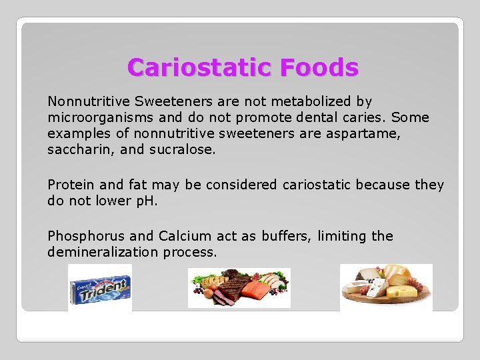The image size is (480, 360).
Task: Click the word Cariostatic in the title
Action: point(200,67)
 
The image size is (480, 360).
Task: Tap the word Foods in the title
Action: point(319,67)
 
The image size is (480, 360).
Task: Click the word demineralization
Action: point(103,252)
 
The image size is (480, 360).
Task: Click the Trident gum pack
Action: point(100,288)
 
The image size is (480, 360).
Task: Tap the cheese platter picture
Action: point(386,287)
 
